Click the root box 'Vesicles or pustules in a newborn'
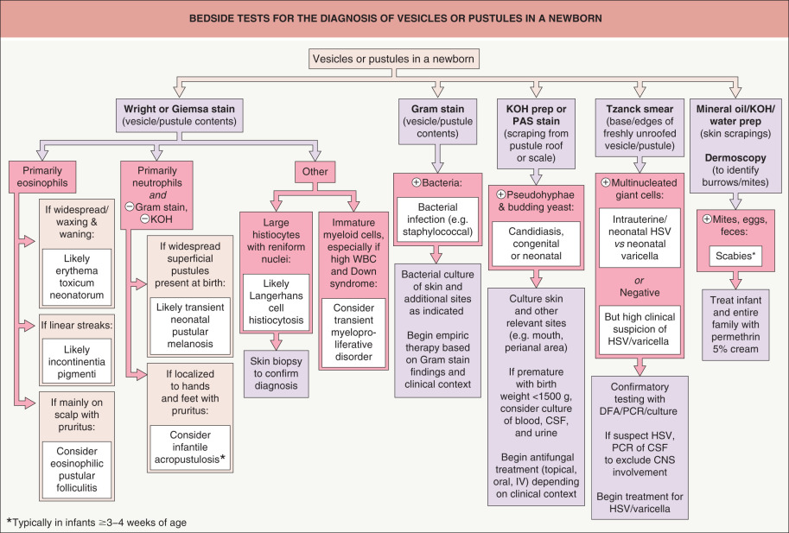coord(394,59)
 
